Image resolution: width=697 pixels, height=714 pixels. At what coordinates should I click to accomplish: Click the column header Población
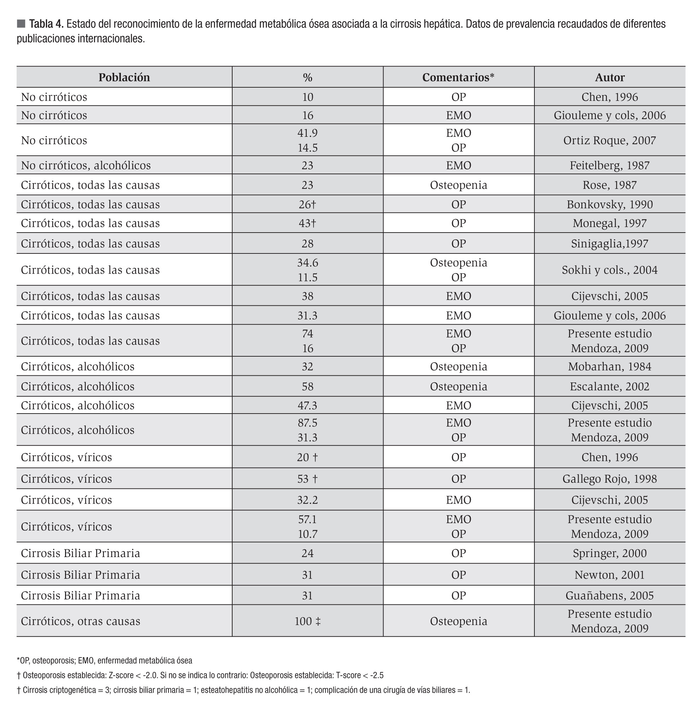click(x=124, y=77)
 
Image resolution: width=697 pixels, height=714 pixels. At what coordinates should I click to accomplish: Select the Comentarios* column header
click(x=458, y=77)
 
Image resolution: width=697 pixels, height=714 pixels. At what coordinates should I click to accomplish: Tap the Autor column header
click(x=609, y=77)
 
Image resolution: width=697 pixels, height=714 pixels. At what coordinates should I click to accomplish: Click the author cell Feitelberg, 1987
click(x=609, y=165)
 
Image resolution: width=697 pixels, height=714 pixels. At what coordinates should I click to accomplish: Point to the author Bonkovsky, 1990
click(x=609, y=204)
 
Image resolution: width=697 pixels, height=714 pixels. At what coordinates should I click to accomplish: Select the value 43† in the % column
click(x=307, y=223)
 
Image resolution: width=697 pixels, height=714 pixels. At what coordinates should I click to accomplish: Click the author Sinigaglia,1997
click(x=609, y=244)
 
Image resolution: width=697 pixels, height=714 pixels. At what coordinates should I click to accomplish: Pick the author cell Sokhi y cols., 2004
click(x=609, y=270)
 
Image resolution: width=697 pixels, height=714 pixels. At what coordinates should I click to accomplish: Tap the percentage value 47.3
click(x=307, y=405)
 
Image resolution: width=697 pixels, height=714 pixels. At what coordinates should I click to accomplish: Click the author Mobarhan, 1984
click(x=609, y=367)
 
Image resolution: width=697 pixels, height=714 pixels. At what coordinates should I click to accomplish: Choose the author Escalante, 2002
click(x=609, y=386)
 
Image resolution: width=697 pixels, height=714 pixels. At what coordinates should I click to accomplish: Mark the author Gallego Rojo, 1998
click(x=609, y=479)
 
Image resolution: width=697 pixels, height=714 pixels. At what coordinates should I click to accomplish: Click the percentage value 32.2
click(x=307, y=500)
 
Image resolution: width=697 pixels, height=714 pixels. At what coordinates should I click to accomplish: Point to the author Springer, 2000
click(x=609, y=553)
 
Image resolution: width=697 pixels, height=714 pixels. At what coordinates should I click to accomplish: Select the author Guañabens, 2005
click(x=609, y=595)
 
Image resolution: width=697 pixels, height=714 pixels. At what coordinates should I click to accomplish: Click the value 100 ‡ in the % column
click(x=307, y=621)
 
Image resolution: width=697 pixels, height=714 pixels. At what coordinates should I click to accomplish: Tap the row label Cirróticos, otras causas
click(x=81, y=621)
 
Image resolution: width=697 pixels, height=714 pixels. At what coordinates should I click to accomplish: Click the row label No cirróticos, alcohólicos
click(x=86, y=165)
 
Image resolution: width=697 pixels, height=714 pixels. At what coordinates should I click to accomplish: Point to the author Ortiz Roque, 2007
click(x=609, y=140)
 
